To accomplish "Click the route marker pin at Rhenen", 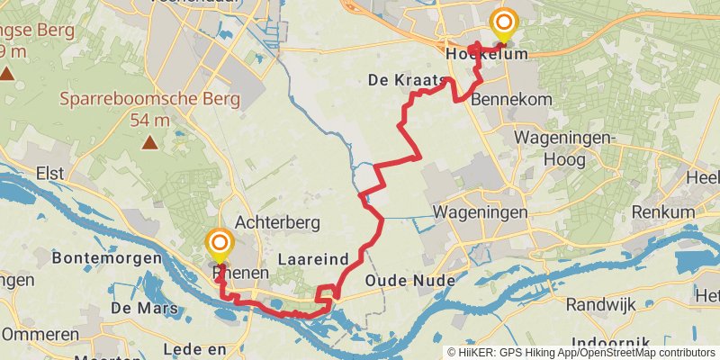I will coord(219,244).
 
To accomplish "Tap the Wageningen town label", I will coord(480,212).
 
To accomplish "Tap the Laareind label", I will coord(313,259).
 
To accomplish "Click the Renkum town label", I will coord(664,212).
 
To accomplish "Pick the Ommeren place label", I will coord(40,334).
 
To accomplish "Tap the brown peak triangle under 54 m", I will coord(149,141).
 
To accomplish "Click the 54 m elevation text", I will coord(150,120).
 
